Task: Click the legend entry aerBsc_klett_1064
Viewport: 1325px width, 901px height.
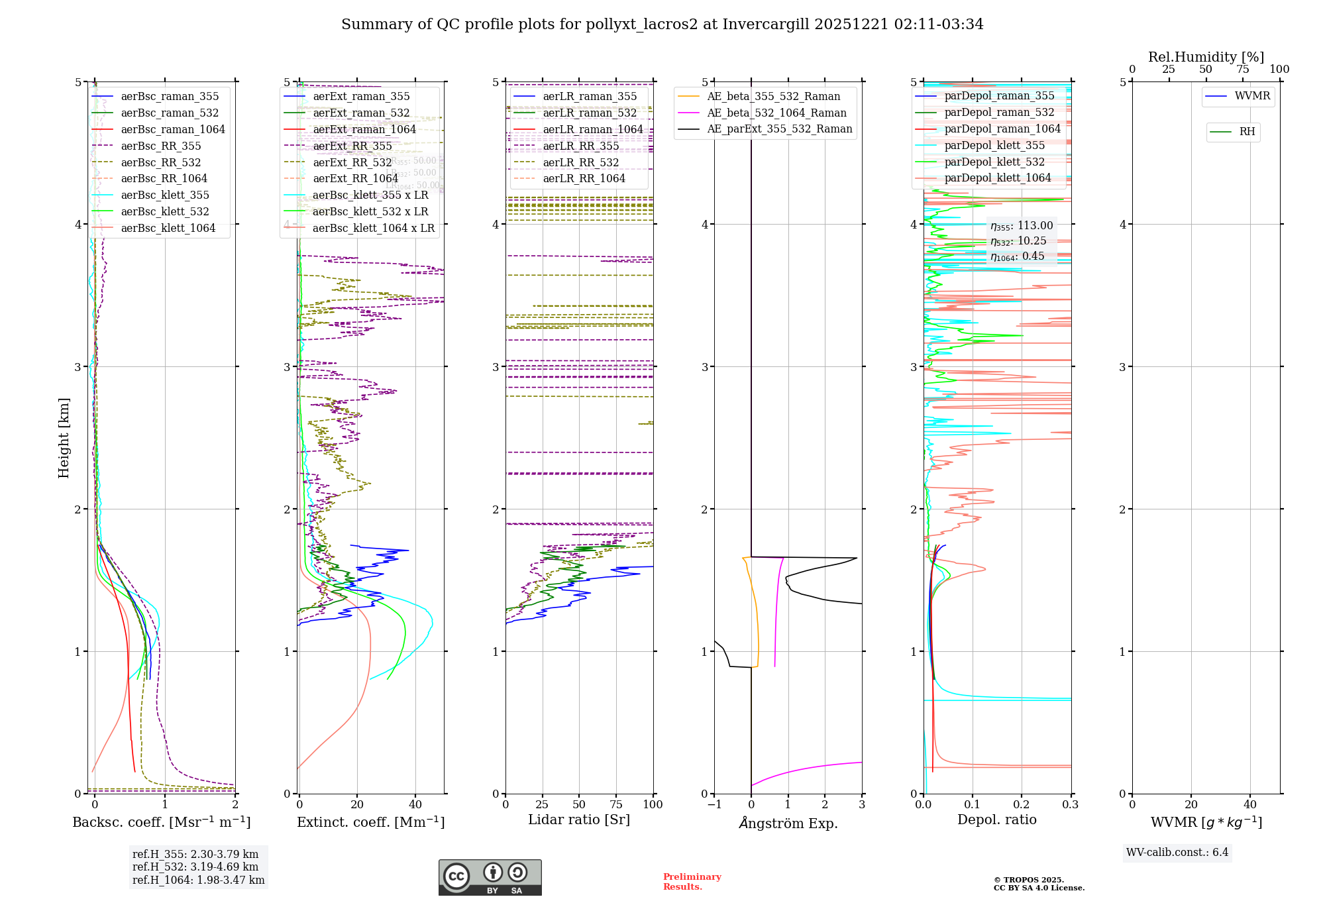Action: click(x=168, y=229)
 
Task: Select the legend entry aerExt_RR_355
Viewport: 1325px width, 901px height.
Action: click(x=352, y=146)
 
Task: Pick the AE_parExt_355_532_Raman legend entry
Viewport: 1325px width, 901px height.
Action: click(x=779, y=129)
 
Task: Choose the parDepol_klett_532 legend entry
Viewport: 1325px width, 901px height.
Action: click(x=994, y=162)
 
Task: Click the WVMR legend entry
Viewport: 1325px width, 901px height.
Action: click(x=1252, y=96)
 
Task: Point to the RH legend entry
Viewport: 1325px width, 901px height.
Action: click(x=1247, y=132)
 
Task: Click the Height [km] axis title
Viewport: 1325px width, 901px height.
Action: click(x=64, y=438)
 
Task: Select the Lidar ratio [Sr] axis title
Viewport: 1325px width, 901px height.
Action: click(x=578, y=820)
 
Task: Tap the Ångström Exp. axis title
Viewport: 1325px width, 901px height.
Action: click(x=788, y=823)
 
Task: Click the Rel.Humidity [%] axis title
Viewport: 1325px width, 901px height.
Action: click(x=1206, y=57)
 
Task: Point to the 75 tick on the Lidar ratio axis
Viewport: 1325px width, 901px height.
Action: click(x=616, y=804)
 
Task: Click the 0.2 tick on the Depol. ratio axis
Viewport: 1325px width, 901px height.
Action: click(x=1022, y=804)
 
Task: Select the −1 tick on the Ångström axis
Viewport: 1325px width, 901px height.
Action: click(x=714, y=804)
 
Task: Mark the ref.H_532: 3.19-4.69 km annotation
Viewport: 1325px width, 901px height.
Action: click(x=195, y=867)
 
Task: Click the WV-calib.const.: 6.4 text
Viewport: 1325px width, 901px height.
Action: click(x=1177, y=852)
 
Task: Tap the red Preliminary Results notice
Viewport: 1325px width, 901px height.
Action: click(x=692, y=882)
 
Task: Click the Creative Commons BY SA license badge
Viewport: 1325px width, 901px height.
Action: click(x=490, y=877)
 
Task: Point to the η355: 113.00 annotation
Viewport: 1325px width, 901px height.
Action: click(x=1021, y=226)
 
